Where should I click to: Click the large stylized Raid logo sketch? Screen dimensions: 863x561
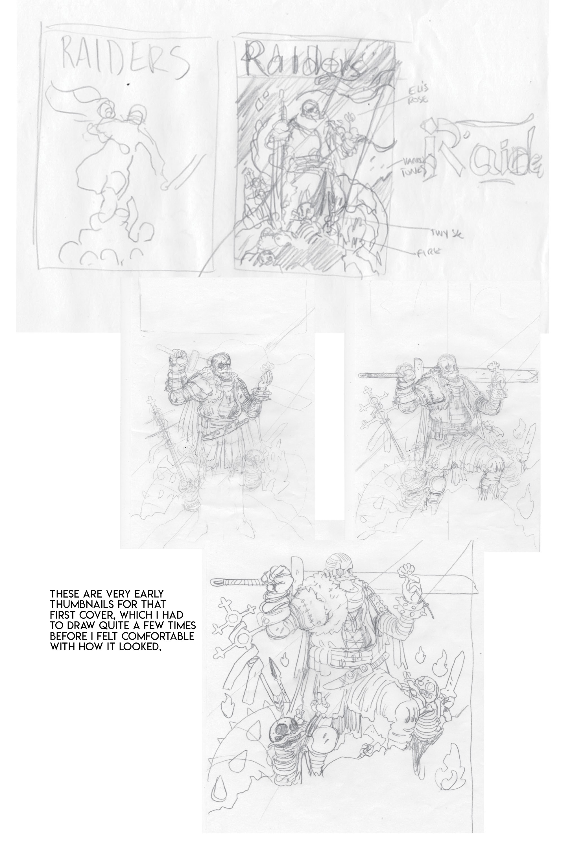tap(482, 152)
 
